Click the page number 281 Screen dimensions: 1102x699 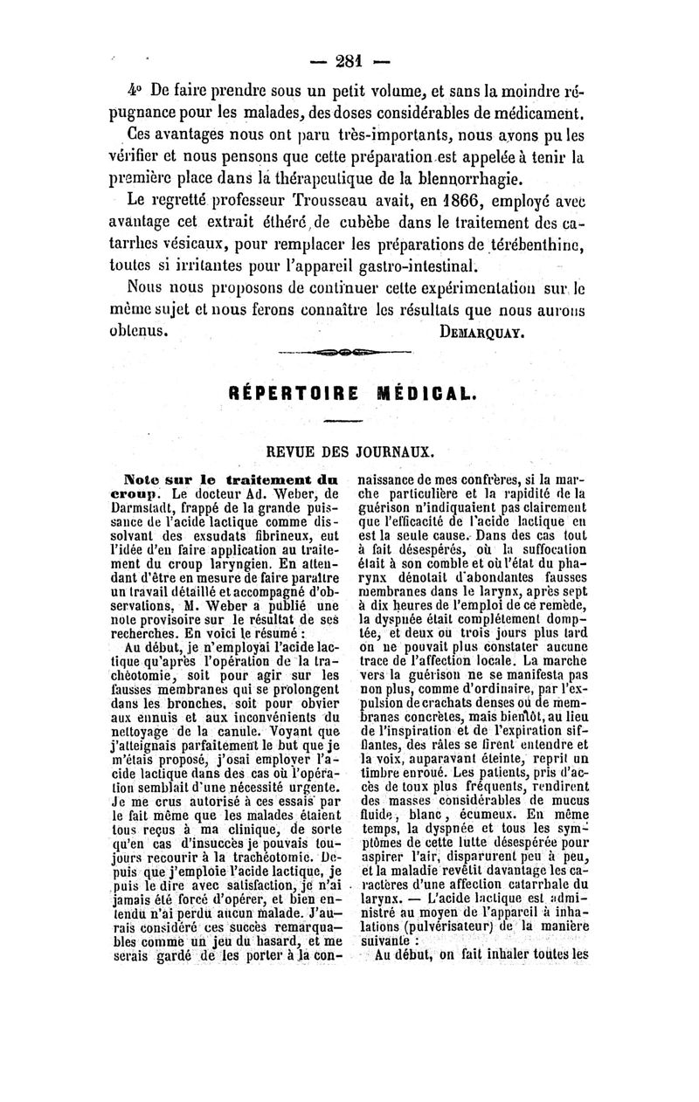click(349, 62)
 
